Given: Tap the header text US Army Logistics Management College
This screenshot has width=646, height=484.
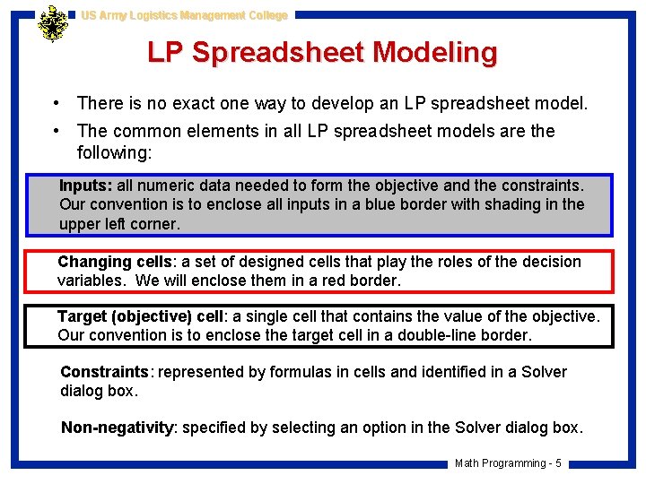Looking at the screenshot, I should tap(184, 15).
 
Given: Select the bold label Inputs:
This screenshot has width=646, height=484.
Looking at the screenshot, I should tap(86, 186).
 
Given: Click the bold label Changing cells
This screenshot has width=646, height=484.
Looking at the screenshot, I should tap(115, 262).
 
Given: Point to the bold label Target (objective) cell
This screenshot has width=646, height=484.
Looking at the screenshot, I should tap(141, 316).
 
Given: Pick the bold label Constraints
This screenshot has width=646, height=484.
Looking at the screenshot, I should tap(104, 372).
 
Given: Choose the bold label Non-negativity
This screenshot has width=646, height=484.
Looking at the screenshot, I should tap(118, 428).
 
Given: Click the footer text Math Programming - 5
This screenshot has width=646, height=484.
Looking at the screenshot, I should tap(508, 463).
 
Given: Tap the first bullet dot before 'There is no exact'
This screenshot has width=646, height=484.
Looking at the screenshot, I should tap(57, 104).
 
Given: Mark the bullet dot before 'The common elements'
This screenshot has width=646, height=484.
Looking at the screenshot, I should tap(57, 131).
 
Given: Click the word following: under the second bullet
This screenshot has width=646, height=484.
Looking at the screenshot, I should tap(115, 152).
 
